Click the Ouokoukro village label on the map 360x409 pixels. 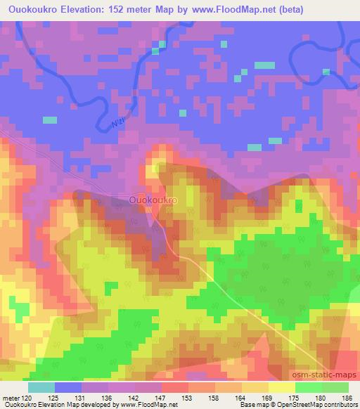[153, 200]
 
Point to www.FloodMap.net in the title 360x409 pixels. [256, 9]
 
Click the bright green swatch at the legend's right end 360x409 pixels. [335, 387]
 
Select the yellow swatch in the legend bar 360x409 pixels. [281, 387]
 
